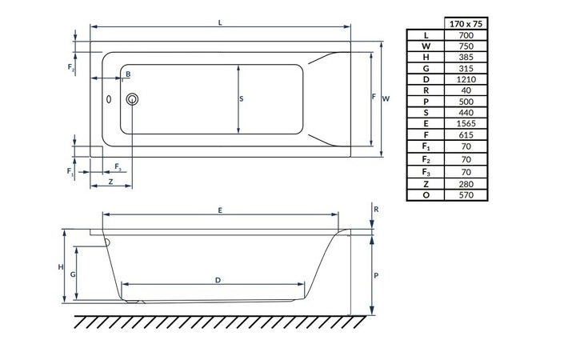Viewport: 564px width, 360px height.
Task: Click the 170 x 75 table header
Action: [x=465, y=24]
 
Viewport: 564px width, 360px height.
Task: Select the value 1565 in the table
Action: [x=465, y=124]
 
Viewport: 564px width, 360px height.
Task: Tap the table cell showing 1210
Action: [x=465, y=80]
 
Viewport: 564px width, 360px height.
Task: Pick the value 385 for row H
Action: [x=465, y=58]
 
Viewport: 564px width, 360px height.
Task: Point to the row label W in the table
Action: [x=426, y=46]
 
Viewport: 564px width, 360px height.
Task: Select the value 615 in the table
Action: [x=465, y=135]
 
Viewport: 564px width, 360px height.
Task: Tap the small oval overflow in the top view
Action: [x=110, y=101]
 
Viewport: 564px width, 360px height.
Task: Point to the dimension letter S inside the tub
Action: [x=242, y=99]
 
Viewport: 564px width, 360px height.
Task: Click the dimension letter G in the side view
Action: [x=73, y=274]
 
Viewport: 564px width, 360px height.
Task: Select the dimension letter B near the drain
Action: [x=127, y=74]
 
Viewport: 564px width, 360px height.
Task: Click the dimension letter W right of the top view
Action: [x=386, y=98]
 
